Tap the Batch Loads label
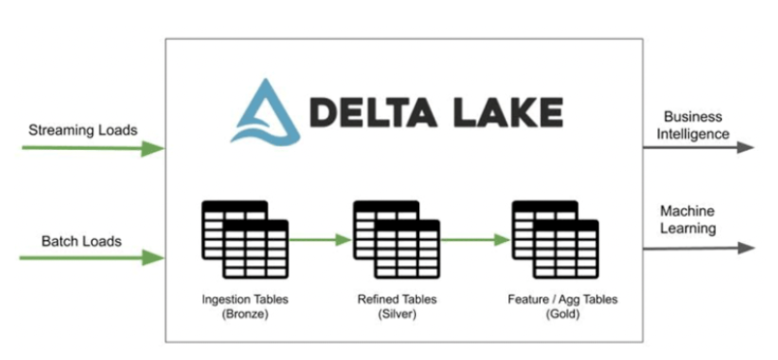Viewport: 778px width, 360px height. coord(81,241)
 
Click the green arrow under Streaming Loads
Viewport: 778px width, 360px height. coord(92,148)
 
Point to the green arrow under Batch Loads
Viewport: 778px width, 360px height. coord(92,257)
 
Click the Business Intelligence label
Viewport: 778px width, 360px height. coord(696,125)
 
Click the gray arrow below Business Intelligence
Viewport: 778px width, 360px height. coord(697,147)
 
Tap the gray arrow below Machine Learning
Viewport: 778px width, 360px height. coord(697,248)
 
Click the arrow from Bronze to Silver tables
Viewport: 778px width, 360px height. coord(320,239)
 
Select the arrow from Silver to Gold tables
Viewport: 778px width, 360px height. coord(475,239)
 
